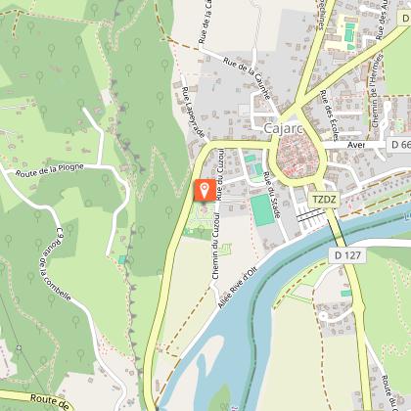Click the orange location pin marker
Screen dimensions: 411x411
(x=205, y=190)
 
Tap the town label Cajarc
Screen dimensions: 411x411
(x=283, y=127)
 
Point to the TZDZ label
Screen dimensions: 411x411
(x=324, y=200)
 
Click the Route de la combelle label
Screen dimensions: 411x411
(x=52, y=264)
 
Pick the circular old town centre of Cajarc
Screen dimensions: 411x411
(x=296, y=155)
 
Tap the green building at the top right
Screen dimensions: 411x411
(x=348, y=32)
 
